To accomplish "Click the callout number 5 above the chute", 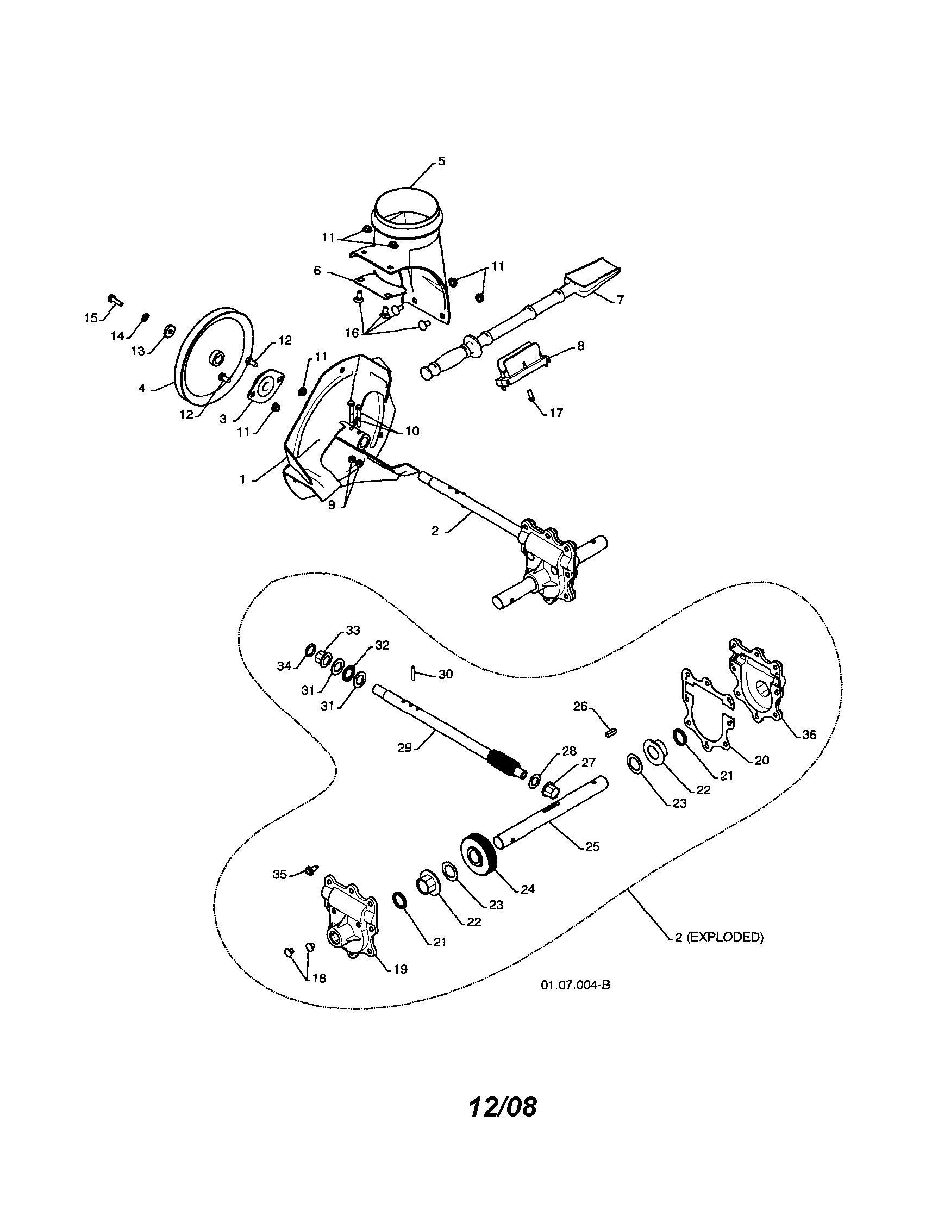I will pyautogui.click(x=441, y=161).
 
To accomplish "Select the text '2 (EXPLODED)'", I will pyautogui.click(x=719, y=937).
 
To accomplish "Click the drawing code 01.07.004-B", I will pyautogui.click(x=576, y=986).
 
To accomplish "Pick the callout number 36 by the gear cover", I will pyautogui.click(x=809, y=734).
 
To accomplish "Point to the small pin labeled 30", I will pyautogui.click(x=414, y=672).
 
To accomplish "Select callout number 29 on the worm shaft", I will pyautogui.click(x=404, y=748).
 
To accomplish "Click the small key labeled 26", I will pyautogui.click(x=610, y=732).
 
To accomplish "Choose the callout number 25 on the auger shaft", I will pyautogui.click(x=592, y=846).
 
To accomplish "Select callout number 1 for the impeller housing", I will pyautogui.click(x=242, y=479).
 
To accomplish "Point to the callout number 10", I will pyautogui.click(x=412, y=431).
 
